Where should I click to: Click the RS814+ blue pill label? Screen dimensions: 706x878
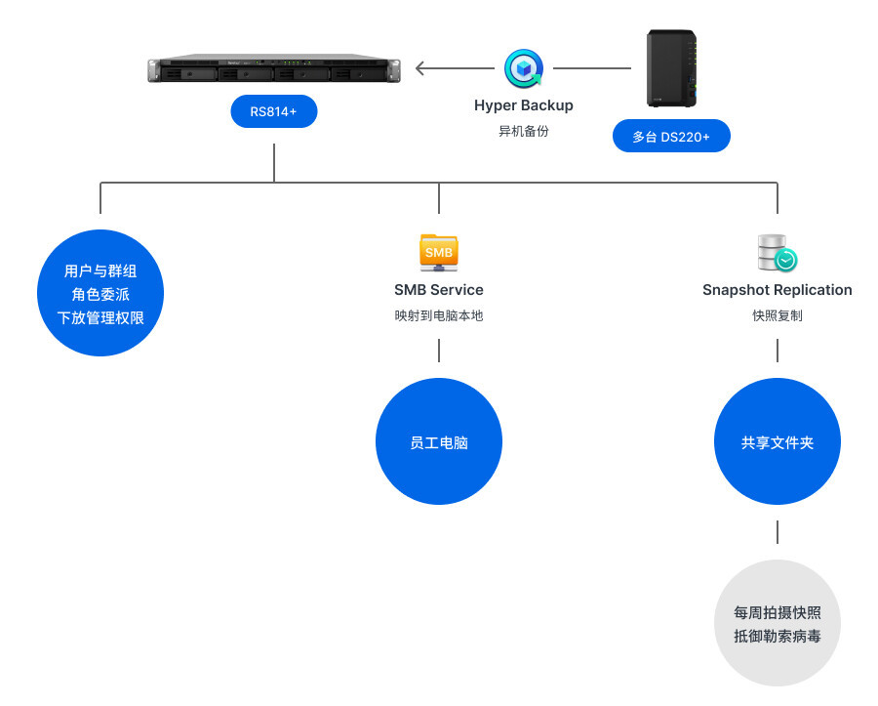pos(273,111)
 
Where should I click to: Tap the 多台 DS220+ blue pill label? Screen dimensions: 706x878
pos(671,137)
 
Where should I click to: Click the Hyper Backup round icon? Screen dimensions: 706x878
pos(523,68)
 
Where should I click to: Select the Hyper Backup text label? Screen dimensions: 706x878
pos(523,105)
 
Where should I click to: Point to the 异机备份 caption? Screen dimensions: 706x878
pos(523,131)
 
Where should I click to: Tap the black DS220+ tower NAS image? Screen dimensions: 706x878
pos(672,68)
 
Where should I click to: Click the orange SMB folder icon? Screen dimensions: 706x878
pos(439,252)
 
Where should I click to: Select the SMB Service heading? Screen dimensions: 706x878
pos(439,290)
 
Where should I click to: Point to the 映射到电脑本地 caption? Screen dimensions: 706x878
pos(439,315)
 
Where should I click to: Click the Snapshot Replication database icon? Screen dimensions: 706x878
pos(778,253)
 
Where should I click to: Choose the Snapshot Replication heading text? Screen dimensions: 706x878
pos(778,290)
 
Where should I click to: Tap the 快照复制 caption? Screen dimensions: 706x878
pos(778,315)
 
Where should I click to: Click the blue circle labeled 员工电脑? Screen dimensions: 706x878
pos(439,441)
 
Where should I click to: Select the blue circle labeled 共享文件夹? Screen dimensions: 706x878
pos(778,441)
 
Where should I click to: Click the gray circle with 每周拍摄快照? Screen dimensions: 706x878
pos(778,623)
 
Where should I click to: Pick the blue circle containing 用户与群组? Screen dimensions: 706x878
pos(100,293)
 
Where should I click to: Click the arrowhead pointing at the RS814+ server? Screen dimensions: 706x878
pos(420,68)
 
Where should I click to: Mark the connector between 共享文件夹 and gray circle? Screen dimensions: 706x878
pos(778,532)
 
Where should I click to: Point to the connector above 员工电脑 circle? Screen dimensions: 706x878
pos(439,351)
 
